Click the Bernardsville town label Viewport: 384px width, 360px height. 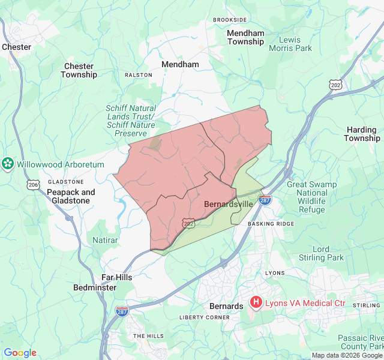point(229,204)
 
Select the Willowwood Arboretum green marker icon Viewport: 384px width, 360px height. point(8,164)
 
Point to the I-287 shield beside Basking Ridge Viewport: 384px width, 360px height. point(265,200)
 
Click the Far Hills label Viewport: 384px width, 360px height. point(116,277)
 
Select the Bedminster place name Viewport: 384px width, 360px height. point(95,287)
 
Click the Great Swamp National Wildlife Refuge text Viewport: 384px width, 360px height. point(311,197)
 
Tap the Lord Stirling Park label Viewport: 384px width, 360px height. point(329,253)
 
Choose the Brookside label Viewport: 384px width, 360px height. point(230,20)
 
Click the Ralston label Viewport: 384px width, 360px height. point(138,75)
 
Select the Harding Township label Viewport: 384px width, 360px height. point(362,134)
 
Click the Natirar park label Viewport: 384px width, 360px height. point(105,240)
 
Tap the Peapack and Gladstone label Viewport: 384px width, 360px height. point(71,196)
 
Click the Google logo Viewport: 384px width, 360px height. point(20,353)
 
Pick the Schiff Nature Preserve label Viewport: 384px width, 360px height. point(130,121)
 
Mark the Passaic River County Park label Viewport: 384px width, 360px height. point(360,342)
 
